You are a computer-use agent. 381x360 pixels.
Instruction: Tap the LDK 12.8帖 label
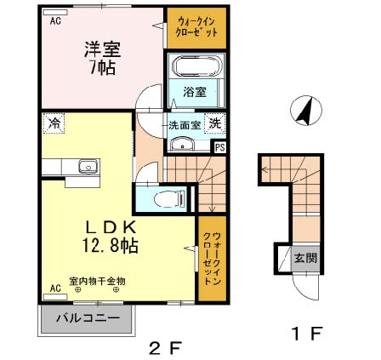tap(111, 236)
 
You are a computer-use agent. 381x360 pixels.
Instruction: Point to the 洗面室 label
tap(184, 125)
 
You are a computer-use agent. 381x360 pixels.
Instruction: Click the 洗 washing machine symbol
tap(217, 123)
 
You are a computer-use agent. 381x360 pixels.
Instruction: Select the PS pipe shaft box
tap(220, 146)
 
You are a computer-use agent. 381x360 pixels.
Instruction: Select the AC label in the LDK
tap(55, 289)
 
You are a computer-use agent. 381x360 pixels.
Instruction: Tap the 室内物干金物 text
tap(97, 280)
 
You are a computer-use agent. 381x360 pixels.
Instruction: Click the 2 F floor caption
tap(164, 348)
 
